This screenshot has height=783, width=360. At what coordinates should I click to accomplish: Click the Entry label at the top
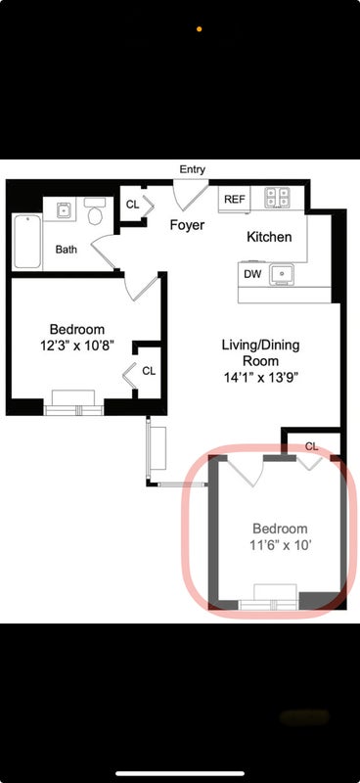click(193, 169)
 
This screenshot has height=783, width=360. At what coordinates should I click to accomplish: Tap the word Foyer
click(187, 225)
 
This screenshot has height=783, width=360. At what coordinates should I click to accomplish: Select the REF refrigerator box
click(235, 200)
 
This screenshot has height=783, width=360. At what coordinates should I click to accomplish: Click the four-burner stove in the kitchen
click(277, 198)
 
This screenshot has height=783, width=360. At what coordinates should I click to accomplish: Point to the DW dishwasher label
click(252, 274)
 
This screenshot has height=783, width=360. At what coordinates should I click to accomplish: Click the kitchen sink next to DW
click(282, 274)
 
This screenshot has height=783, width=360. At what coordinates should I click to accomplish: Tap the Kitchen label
click(269, 237)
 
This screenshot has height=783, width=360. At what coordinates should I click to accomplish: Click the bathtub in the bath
click(27, 241)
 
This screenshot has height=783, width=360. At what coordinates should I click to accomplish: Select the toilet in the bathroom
click(95, 210)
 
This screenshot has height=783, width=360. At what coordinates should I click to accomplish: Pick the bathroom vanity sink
click(64, 210)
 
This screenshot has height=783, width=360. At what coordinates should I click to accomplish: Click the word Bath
click(66, 250)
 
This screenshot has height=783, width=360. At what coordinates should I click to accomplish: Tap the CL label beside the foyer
click(132, 205)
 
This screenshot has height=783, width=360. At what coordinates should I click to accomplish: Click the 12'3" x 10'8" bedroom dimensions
click(77, 345)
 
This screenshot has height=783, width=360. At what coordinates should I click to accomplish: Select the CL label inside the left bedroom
click(149, 371)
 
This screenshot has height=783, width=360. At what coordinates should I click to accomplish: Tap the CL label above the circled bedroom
click(311, 446)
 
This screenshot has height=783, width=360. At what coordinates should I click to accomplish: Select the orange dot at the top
click(200, 29)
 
